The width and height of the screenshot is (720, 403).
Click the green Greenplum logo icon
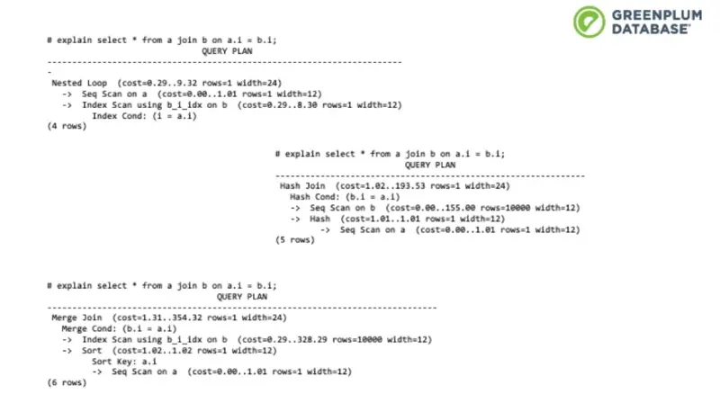[x=589, y=21]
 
